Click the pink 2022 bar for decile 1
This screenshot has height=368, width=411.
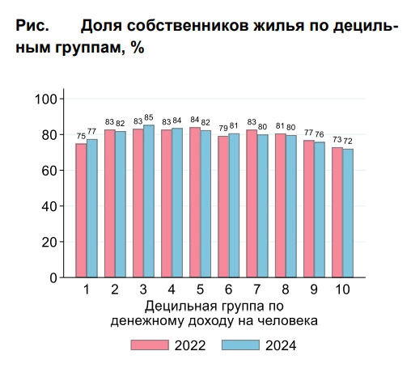pyautogui.click(x=81, y=210)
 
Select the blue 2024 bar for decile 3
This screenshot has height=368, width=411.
pyautogui.click(x=149, y=201)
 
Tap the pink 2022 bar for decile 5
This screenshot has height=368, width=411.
pyautogui.click(x=195, y=202)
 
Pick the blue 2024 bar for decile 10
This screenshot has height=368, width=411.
pyautogui.click(x=348, y=213)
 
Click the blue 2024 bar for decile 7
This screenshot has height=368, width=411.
pyautogui.click(x=263, y=206)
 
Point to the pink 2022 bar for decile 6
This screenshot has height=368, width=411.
pyautogui.click(x=223, y=207)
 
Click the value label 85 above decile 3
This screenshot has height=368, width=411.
pyautogui.click(x=149, y=117)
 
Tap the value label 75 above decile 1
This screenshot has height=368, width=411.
pyautogui.click(x=81, y=136)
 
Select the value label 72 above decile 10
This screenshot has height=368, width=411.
pyautogui.click(x=348, y=141)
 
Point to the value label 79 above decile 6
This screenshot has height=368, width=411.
pyautogui.click(x=223, y=128)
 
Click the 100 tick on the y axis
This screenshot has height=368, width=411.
pyautogui.click(x=46, y=99)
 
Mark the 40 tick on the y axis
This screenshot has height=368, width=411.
pyautogui.click(x=49, y=206)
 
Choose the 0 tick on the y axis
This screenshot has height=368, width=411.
pyautogui.click(x=53, y=278)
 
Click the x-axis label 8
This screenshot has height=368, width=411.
pyautogui.click(x=286, y=290)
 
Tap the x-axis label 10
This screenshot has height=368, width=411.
pyautogui.click(x=342, y=290)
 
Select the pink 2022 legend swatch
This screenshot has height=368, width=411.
pyautogui.click(x=150, y=345)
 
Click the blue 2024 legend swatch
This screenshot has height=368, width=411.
pyautogui.click(x=240, y=345)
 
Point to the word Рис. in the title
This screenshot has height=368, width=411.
pyautogui.click(x=32, y=26)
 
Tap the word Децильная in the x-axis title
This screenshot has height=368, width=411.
pyautogui.click(x=181, y=307)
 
